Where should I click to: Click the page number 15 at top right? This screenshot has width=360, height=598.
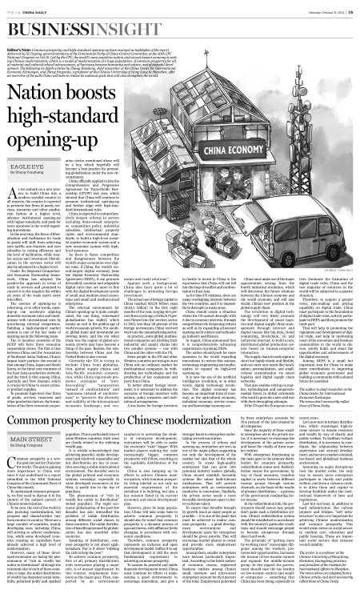351,9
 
